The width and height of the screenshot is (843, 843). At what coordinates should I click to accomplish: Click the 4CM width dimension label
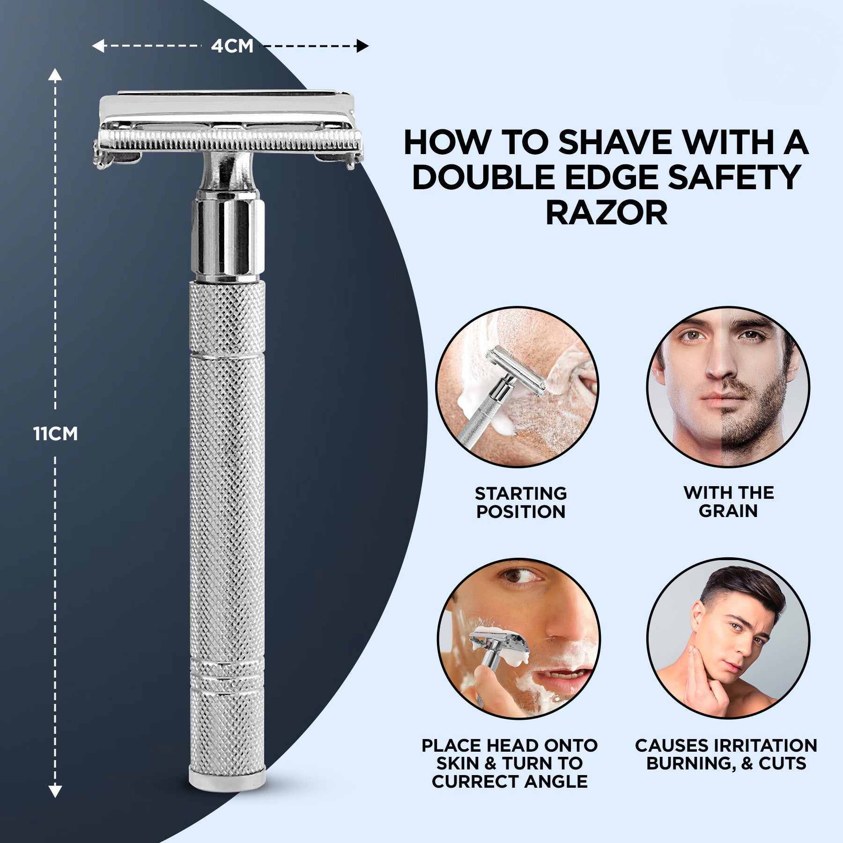[x=232, y=46]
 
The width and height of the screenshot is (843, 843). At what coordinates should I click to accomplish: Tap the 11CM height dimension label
[x=55, y=434]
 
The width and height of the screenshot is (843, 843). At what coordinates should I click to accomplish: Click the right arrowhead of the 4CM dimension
[x=362, y=46]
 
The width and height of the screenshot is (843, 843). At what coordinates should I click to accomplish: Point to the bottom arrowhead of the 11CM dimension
[x=55, y=791]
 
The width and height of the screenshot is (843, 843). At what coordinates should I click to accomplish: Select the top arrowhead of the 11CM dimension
[x=55, y=75]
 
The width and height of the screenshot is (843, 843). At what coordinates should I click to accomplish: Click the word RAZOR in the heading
[x=606, y=213]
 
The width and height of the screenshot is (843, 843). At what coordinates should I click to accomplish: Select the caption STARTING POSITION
[x=521, y=503]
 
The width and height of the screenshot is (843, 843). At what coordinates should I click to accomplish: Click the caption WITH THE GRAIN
[x=728, y=502]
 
